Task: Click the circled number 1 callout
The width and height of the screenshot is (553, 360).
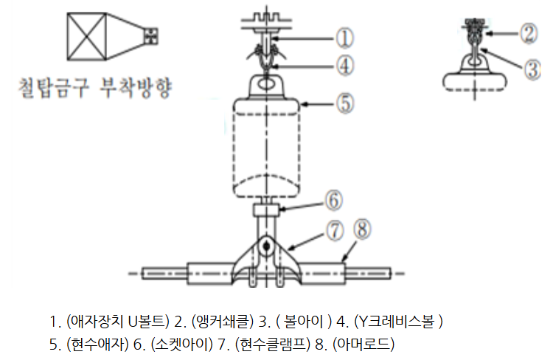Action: click(344, 38)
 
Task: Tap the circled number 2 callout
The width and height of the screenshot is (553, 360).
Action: click(529, 33)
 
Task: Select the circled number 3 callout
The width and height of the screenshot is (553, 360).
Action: click(532, 69)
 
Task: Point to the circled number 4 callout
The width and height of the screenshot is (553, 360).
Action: click(344, 66)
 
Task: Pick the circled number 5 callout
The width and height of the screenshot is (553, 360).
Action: click(345, 104)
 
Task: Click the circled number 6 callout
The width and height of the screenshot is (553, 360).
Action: click(333, 201)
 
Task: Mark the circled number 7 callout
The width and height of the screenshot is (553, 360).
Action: click(334, 231)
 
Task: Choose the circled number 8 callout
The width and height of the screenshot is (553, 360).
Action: click(362, 229)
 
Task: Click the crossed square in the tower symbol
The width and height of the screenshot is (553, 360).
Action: click(87, 37)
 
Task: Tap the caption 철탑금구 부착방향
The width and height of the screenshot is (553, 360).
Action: click(95, 88)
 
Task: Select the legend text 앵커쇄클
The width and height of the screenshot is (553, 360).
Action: click(222, 322)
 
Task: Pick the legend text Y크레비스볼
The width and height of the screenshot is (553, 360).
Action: click(397, 322)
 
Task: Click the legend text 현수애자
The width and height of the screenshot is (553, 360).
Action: click(97, 344)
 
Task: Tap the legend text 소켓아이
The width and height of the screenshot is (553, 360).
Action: click(181, 344)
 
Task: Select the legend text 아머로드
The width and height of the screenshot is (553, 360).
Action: click(364, 344)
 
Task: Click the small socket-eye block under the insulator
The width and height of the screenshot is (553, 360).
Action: click(266, 210)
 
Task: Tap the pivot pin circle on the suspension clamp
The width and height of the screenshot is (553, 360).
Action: click(266, 246)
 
